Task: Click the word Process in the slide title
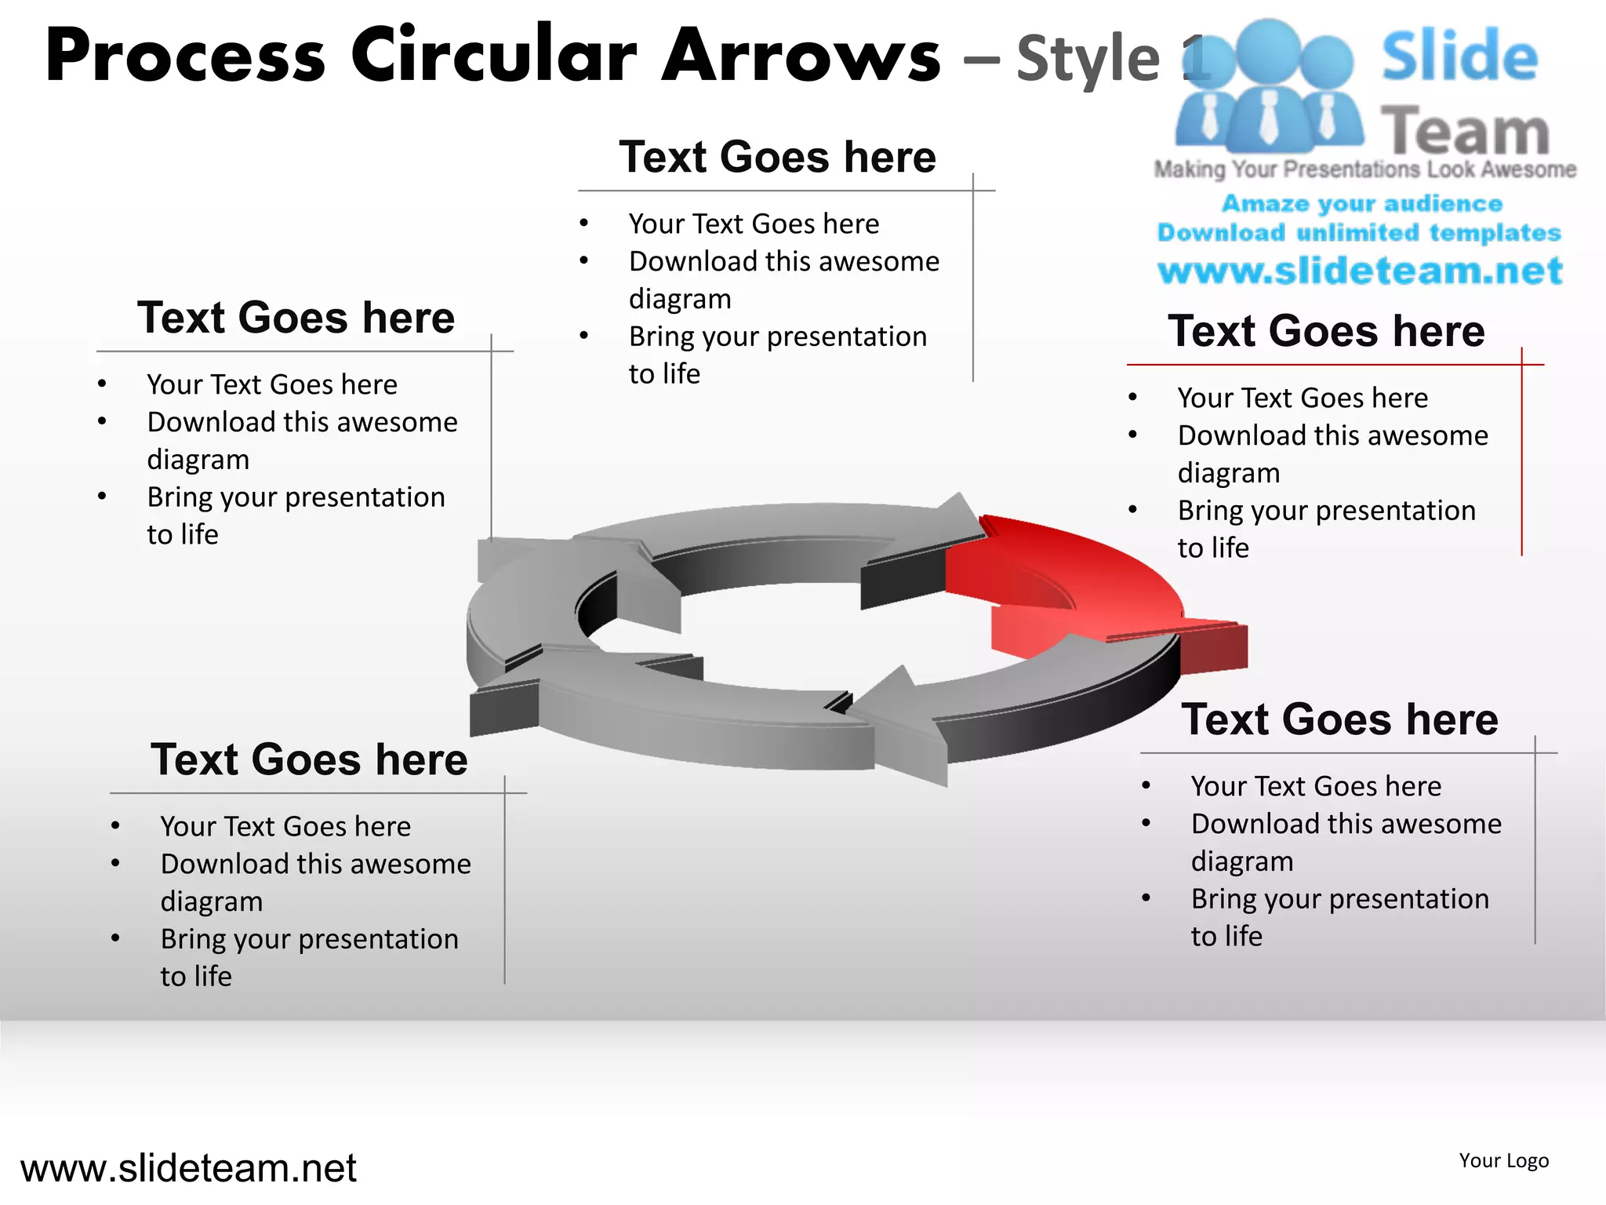tap(185, 56)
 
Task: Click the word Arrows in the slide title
tap(801, 56)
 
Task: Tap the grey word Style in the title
tap(1088, 60)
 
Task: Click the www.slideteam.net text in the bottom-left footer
tap(188, 1168)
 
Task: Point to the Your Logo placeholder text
tap(1503, 1160)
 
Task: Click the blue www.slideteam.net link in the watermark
tap(1360, 271)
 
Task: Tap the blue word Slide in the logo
tap(1459, 56)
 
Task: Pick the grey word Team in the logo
tap(1465, 131)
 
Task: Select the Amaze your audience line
tap(1362, 204)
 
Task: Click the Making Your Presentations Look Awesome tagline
tap(1364, 169)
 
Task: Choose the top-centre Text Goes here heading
tap(777, 157)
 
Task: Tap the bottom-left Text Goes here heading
tap(309, 759)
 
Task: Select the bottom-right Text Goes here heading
tap(1339, 719)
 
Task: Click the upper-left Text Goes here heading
tap(296, 318)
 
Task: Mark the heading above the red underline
tap(1326, 331)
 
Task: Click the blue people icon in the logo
tap(1268, 86)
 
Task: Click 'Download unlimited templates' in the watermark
tap(1359, 233)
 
